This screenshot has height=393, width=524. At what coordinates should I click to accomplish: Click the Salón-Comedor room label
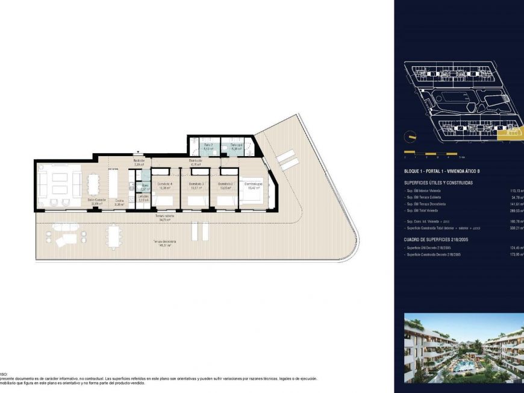pyautogui.click(x=97, y=201)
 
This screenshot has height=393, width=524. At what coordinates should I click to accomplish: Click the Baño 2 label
pyautogui.click(x=208, y=145)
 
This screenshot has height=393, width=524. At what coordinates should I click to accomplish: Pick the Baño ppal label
pyautogui.click(x=235, y=145)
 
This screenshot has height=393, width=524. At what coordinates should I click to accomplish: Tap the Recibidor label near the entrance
pyautogui.click(x=139, y=162)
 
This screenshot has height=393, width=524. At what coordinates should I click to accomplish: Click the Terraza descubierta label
pyautogui.click(x=164, y=243)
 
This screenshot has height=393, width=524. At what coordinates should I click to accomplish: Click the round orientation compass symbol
pyautogui.click(x=410, y=135)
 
